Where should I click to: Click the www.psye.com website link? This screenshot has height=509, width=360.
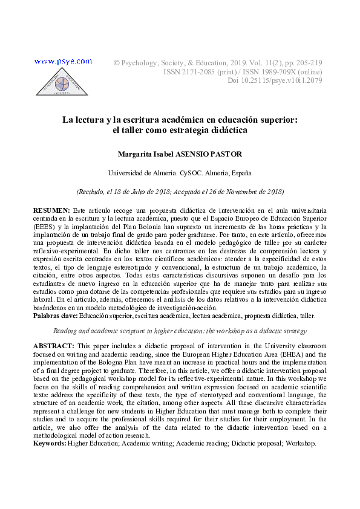click(64, 61)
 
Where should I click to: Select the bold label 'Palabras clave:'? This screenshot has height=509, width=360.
click(55, 316)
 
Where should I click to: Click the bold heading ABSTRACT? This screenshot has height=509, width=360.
click(53, 345)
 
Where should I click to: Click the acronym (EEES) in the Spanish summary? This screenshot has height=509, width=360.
click(44, 227)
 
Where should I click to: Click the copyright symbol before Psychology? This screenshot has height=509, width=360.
click(117, 62)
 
